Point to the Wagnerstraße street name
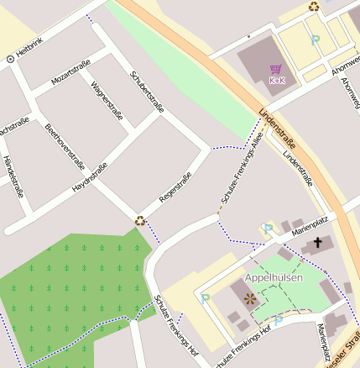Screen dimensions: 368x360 pyautogui.click(x=107, y=99)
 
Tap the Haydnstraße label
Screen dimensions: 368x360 pyautogui.click(x=90, y=178)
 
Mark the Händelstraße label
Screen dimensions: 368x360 pyautogui.click(x=12, y=176)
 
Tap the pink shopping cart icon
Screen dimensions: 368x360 pyautogui.click(x=276, y=69)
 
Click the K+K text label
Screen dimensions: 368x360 pyautogui.click(x=276, y=81)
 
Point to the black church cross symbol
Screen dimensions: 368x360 pyautogui.click(x=317, y=244)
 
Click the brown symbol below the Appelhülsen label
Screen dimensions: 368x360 pyautogui.click(x=248, y=298)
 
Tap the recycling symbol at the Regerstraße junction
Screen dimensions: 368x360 pyautogui.click(x=140, y=221)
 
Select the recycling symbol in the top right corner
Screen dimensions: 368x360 pyautogui.click(x=314, y=7)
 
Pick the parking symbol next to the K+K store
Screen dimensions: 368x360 pyautogui.click(x=316, y=39)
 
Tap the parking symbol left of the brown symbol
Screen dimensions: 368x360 pyautogui.click(x=206, y=297)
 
